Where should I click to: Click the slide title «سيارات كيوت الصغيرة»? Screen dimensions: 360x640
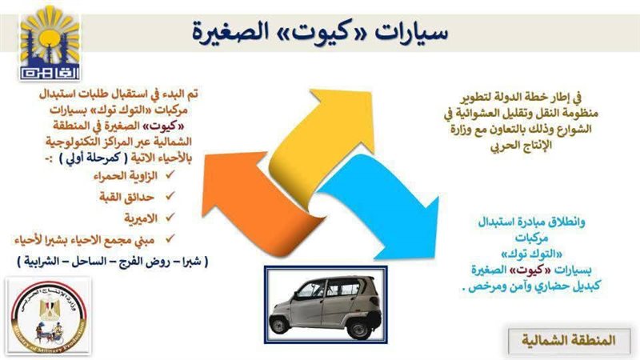pyautogui.click(x=320, y=34)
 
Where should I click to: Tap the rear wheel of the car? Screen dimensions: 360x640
pyautogui.click(x=359, y=320)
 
